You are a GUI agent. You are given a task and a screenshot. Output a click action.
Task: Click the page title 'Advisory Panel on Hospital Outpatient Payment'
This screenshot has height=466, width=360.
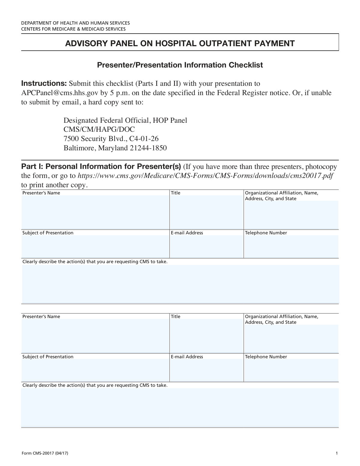pos(180,44)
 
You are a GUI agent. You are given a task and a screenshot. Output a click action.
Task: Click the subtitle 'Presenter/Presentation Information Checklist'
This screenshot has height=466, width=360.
pos(180,65)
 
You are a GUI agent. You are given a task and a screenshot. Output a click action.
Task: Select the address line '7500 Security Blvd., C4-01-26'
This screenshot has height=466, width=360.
pos(111,139)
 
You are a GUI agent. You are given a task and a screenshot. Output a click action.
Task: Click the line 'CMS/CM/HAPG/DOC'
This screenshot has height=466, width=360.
pos(99,129)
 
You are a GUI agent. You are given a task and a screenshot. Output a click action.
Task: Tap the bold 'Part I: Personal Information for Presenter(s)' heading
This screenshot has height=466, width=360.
pos(101,167)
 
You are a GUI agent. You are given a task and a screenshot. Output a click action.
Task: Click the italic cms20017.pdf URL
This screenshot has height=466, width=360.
pos(205,176)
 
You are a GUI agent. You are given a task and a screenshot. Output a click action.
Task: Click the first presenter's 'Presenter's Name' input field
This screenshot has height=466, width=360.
pos(95,212)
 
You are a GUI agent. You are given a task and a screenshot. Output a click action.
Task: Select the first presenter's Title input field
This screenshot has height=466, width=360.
pos(206,212)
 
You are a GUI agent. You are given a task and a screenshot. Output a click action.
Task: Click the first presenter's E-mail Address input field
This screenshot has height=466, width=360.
pos(206,246)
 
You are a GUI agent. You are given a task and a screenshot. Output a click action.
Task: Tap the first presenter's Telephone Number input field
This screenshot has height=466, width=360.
pos(291,246)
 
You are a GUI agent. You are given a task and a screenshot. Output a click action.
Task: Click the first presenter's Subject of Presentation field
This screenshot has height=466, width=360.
pos(95,246)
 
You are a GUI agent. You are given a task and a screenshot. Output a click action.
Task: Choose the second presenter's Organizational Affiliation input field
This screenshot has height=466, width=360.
pos(291,339)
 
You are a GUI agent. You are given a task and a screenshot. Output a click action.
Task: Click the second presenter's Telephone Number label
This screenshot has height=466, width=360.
pos(266,357)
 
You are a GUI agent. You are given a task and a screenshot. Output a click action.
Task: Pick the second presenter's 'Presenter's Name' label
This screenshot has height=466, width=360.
pos(41,317)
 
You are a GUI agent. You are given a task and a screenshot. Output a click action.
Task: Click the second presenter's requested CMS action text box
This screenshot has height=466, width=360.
pos(180,407)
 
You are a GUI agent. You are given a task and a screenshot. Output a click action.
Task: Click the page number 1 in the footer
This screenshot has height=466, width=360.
pos(337,453)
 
